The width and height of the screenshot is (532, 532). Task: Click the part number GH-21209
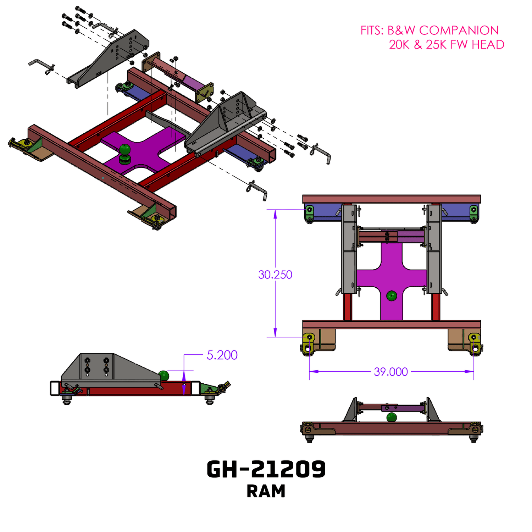[x=266, y=469]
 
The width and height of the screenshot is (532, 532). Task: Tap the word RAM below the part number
[x=266, y=492]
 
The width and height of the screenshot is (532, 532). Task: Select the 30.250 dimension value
[x=275, y=275]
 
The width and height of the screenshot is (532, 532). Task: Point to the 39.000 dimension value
[x=391, y=372]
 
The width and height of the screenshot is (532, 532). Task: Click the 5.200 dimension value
[x=222, y=355]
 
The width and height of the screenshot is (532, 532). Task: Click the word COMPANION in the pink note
[x=459, y=31]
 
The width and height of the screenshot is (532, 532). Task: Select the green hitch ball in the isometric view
[x=125, y=150]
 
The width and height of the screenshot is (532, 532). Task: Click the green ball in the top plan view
[x=392, y=295]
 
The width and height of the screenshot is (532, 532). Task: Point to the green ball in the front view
[x=392, y=417]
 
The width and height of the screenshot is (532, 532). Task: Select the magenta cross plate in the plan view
[x=392, y=273]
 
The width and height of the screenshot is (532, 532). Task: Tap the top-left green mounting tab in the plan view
[x=310, y=212]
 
